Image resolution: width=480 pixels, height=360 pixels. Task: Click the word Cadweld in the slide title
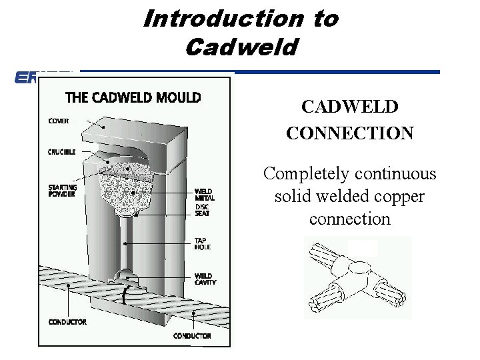click(241, 47)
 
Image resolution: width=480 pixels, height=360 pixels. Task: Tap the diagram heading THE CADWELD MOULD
click(133, 97)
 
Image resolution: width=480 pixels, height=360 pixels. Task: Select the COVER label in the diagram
click(58, 121)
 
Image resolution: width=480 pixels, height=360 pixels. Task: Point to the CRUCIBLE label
click(61, 152)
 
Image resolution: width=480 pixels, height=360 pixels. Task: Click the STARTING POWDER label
click(62, 191)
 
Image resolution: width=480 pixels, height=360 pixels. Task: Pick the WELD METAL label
click(204, 195)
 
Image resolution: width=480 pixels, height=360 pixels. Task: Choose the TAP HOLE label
click(202, 243)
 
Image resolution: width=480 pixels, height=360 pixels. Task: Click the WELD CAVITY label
click(205, 279)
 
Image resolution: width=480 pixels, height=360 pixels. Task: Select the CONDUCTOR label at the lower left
click(67, 322)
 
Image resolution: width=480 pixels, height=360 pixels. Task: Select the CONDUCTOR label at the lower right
click(193, 335)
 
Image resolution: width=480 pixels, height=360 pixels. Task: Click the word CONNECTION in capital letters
click(349, 133)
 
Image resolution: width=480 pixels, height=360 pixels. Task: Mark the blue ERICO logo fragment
click(26, 78)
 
